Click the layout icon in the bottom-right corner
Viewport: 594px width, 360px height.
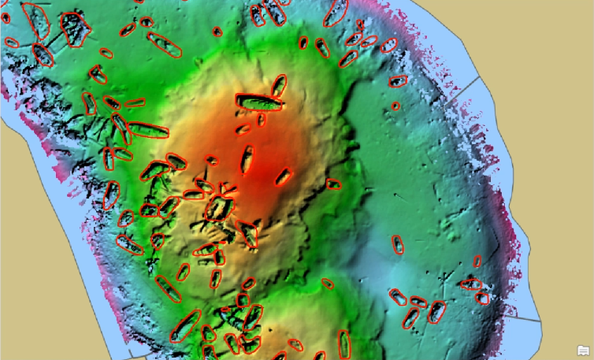pyautogui.click(x=584, y=351)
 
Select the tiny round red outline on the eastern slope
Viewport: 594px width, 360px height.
pyautogui.click(x=395, y=106)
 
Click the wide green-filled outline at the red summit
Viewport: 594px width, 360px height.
pyautogui.click(x=259, y=102)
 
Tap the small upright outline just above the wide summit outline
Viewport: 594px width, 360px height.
pyautogui.click(x=278, y=84)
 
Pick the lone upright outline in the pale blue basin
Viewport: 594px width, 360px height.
pyautogui.click(x=399, y=245)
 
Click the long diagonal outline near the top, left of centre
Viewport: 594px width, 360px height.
pyautogui.click(x=165, y=46)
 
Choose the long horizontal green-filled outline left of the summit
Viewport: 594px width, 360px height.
pyautogui.click(x=147, y=130)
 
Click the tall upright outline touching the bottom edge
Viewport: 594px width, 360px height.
pyautogui.click(x=344, y=343)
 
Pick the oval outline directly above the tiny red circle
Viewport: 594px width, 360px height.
pyautogui.click(x=399, y=80)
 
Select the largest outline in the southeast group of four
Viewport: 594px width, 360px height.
pyautogui.click(x=436, y=311)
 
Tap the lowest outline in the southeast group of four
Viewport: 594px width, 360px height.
pyautogui.click(x=410, y=318)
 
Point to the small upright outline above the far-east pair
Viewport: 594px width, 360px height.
pyautogui.click(x=477, y=262)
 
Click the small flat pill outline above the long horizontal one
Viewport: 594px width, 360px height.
pyautogui.click(x=135, y=102)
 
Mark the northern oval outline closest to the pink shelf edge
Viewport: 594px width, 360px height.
pyautogui.click(x=389, y=46)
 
